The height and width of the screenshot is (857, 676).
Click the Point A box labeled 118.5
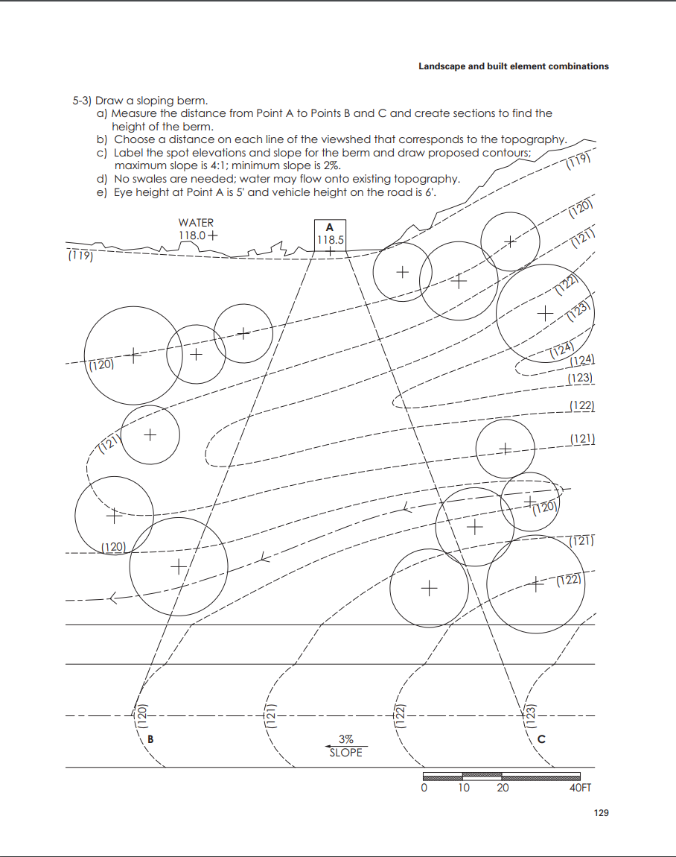click(330, 234)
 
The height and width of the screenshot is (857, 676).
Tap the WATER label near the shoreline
click(196, 223)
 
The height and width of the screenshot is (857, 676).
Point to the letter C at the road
click(541, 739)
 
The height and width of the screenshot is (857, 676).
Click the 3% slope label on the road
click(346, 739)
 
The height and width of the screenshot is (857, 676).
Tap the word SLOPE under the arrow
click(346, 753)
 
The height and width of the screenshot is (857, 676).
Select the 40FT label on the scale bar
click(580, 788)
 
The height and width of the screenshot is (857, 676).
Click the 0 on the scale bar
click(424, 788)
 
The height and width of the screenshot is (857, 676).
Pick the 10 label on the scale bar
click(463, 788)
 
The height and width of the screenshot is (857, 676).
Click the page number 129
click(601, 812)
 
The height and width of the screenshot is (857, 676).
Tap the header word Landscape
click(441, 66)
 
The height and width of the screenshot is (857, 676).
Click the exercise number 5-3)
click(81, 101)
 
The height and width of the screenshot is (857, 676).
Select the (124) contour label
click(562, 350)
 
